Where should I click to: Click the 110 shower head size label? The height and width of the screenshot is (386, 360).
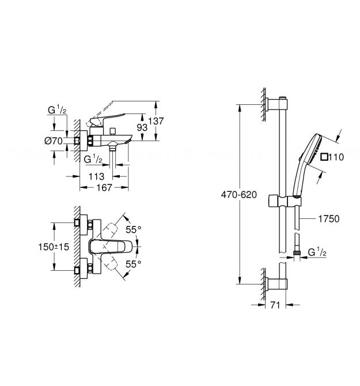tap(336, 157)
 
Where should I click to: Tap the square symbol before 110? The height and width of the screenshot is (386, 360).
tap(324, 157)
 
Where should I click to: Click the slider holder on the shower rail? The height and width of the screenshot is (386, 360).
tap(284, 202)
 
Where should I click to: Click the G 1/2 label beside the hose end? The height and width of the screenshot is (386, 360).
tap(319, 251)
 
